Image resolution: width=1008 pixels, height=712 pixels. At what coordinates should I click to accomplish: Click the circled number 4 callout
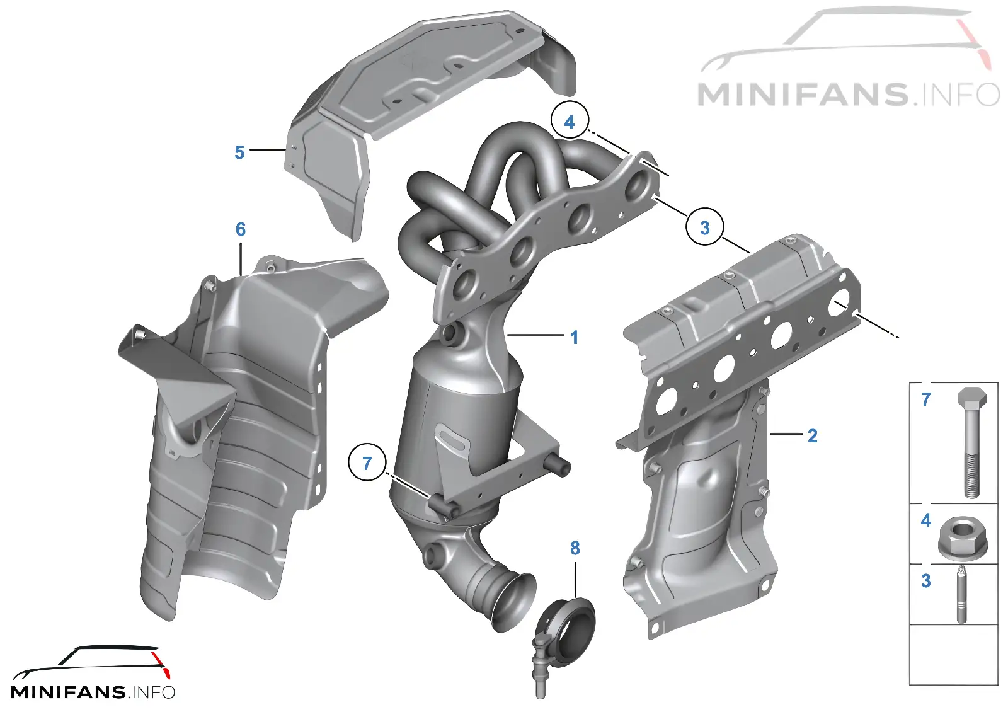(x=570, y=121)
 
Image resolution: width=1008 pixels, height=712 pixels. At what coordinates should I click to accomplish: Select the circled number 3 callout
(x=705, y=227)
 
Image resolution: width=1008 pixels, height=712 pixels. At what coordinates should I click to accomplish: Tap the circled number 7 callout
(x=367, y=463)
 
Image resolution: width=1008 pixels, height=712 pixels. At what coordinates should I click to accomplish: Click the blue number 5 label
(x=239, y=152)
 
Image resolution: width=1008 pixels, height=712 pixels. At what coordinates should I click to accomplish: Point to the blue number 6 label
(x=241, y=229)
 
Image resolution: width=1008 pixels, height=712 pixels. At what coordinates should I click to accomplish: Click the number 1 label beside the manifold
(x=574, y=338)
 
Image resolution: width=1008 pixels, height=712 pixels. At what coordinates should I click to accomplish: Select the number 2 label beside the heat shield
(x=812, y=435)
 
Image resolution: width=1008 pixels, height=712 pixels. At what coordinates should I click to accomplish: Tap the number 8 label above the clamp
(x=575, y=548)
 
